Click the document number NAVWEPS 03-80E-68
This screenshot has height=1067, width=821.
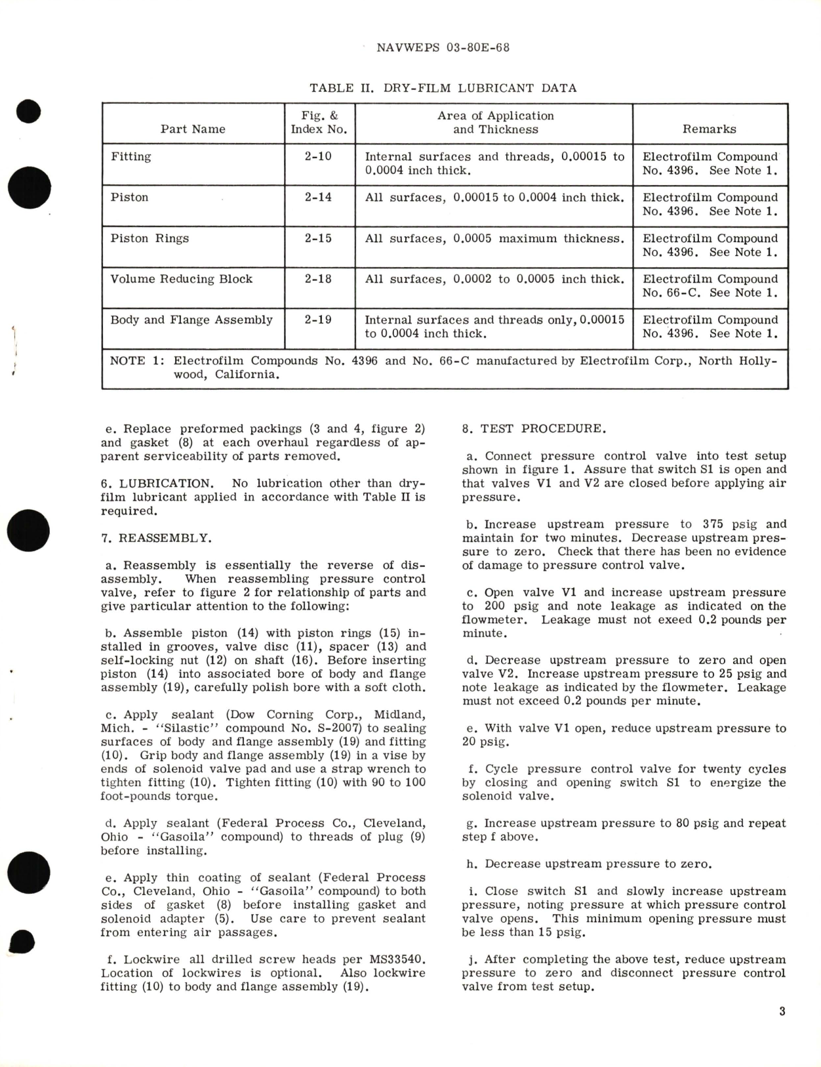pos(444,48)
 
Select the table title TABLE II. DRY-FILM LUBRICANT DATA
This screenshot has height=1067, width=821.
pos(443,88)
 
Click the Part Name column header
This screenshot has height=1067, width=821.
pos(193,129)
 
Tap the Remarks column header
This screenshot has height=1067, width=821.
pos(709,129)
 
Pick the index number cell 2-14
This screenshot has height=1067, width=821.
pos(318,198)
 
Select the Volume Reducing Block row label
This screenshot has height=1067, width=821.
pos(181,279)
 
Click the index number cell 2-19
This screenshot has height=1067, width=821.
pos(318,320)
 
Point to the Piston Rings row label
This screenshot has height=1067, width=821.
pos(150,238)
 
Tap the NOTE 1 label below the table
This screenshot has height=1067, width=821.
pos(135,361)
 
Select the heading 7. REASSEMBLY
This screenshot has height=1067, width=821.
pos(156,538)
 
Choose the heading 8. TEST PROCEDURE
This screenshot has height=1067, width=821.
pos(534,429)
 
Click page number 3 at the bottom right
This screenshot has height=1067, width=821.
pos(782,1011)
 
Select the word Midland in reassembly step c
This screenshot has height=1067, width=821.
pos(399,715)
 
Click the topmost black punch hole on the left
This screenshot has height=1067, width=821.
pos(30,112)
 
